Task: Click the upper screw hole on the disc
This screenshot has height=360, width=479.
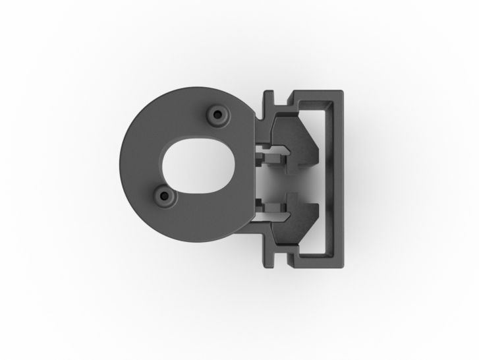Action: [217, 115]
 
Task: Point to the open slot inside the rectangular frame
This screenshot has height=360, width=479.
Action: [327, 179]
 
